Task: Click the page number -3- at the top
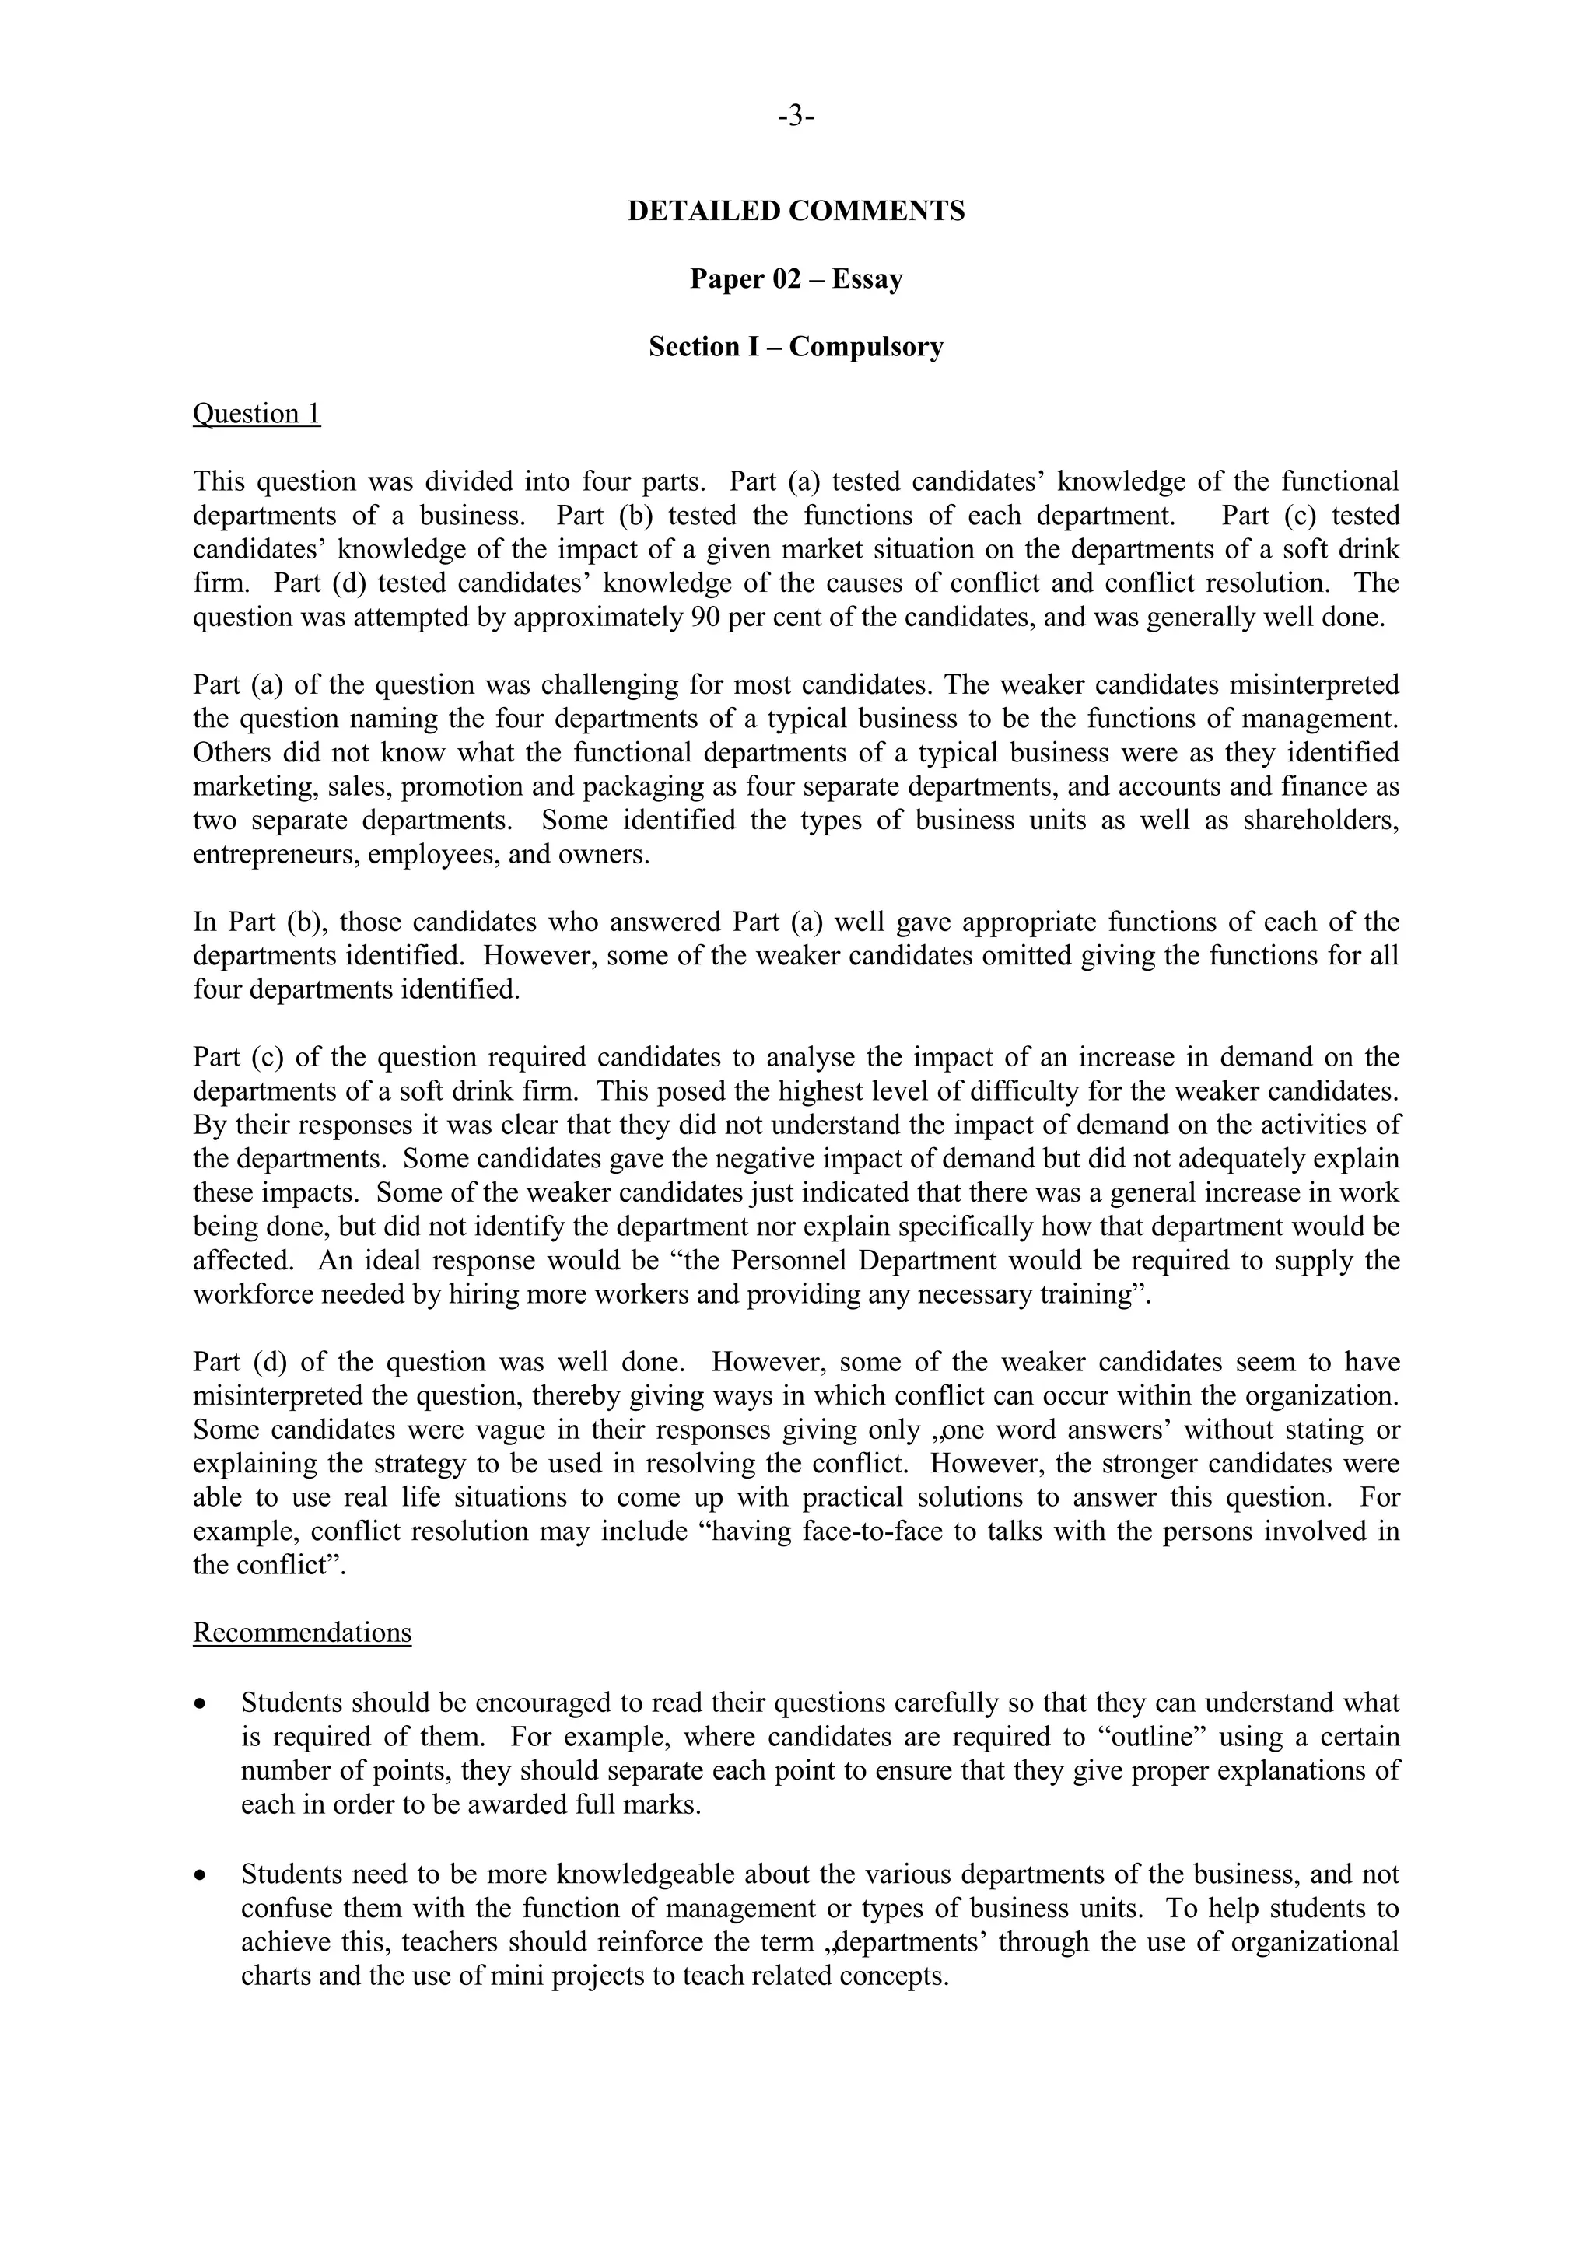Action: pos(796,117)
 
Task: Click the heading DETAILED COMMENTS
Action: pos(796,211)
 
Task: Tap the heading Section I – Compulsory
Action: pos(796,347)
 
